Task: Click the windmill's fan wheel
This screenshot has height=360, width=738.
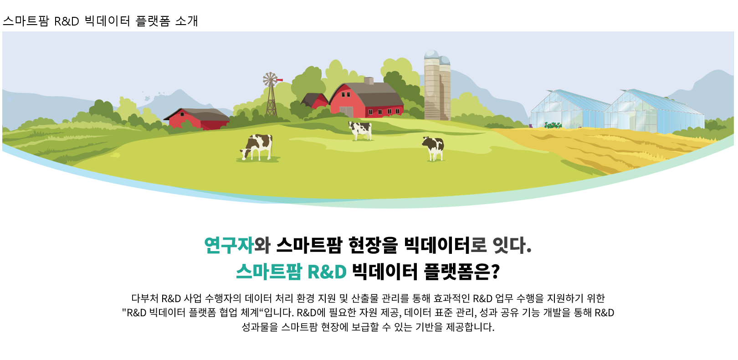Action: click(x=270, y=79)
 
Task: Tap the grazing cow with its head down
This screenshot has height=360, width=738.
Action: click(x=256, y=147)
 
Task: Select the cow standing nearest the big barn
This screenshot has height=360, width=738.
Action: click(x=360, y=130)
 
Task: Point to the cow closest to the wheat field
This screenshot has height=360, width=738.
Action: click(x=433, y=149)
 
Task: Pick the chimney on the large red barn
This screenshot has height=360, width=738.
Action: click(x=369, y=81)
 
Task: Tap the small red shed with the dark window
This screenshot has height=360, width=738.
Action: click(x=197, y=118)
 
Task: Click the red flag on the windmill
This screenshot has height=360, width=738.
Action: click(x=280, y=79)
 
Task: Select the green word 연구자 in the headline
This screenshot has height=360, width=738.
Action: click(x=229, y=245)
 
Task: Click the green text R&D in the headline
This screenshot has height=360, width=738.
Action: click(x=327, y=272)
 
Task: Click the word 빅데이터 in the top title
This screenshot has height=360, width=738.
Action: click(x=108, y=21)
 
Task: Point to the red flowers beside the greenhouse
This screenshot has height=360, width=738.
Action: click(x=553, y=125)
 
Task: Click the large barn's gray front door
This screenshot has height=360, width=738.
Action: click(x=346, y=112)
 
